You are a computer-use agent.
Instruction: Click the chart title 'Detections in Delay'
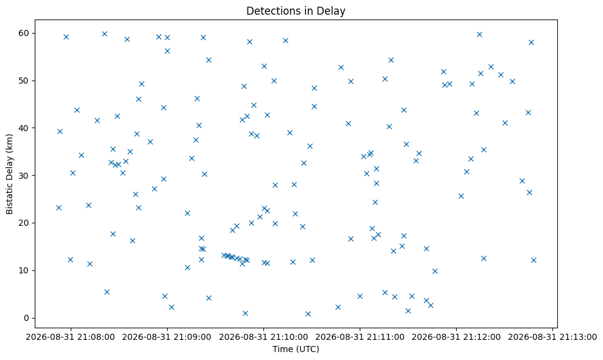click(x=296, y=11)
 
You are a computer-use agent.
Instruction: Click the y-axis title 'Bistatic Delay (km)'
click(x=9, y=174)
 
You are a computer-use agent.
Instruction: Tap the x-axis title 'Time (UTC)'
click(x=296, y=349)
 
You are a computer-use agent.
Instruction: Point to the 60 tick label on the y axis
click(x=24, y=33)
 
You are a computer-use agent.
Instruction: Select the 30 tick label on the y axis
click(x=24, y=176)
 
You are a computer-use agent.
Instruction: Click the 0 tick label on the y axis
click(x=27, y=318)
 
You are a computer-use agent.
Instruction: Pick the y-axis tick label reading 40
click(x=24, y=128)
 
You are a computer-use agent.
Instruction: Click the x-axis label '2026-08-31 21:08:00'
click(x=70, y=337)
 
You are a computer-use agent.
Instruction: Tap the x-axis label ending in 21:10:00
click(x=263, y=337)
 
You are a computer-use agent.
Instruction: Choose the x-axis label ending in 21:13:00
click(x=552, y=337)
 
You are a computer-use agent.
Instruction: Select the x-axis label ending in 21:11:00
click(x=360, y=337)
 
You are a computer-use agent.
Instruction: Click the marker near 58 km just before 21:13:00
click(x=531, y=42)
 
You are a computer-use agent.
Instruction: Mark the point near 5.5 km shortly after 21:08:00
click(x=107, y=292)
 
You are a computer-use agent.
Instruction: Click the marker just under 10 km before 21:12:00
click(x=435, y=271)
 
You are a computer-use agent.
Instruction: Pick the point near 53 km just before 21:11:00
click(x=341, y=67)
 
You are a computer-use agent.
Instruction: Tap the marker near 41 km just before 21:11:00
click(x=348, y=124)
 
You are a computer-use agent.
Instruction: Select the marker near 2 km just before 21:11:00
click(x=338, y=308)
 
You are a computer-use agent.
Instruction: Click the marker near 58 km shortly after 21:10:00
click(x=285, y=40)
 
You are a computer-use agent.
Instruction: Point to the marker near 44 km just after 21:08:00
click(x=77, y=110)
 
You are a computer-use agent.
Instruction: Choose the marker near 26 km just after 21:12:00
click(x=461, y=196)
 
